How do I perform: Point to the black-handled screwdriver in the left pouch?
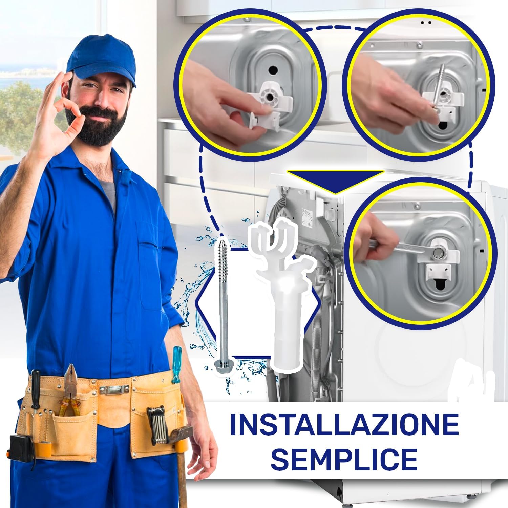point(35,389)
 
